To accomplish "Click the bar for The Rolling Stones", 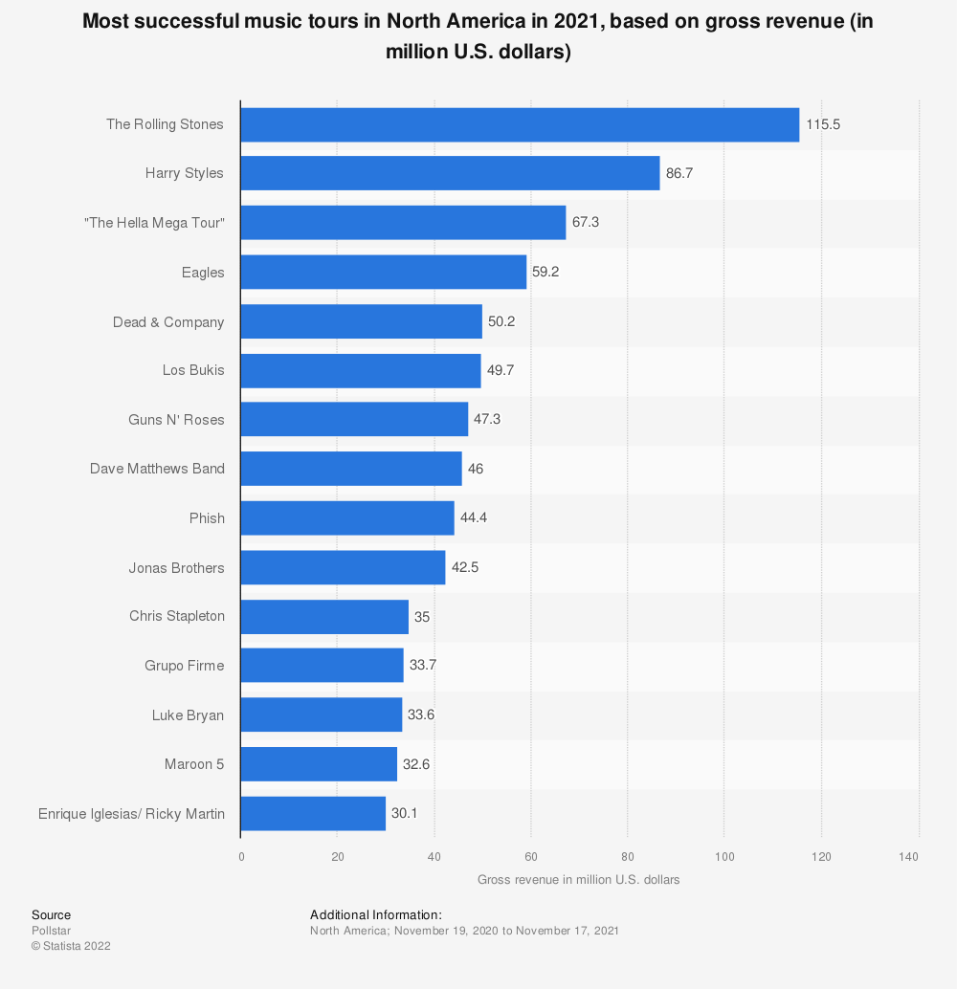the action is [521, 125].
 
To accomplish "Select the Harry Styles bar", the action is [450, 173].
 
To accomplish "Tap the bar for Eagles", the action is [384, 272].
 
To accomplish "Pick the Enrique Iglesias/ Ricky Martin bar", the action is [313, 814].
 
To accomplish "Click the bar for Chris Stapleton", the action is [324, 617].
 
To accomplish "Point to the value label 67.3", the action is [585, 223].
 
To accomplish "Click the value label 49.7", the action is [500, 370].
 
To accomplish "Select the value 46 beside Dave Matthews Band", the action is [476, 469].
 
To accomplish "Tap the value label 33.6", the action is [421, 714].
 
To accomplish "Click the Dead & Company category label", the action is [168, 322].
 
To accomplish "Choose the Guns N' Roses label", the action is [176, 420].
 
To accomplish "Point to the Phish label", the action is [207, 518].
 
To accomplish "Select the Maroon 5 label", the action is [194, 764].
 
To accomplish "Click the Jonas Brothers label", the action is [177, 568].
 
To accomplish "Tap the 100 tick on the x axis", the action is [724, 857].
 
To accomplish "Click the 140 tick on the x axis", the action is [909, 857].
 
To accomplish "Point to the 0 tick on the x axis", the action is [241, 857].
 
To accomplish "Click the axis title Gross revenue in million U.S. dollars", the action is [578, 880].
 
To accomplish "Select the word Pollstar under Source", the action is [51, 931].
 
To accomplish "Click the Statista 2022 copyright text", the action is [71, 946].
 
